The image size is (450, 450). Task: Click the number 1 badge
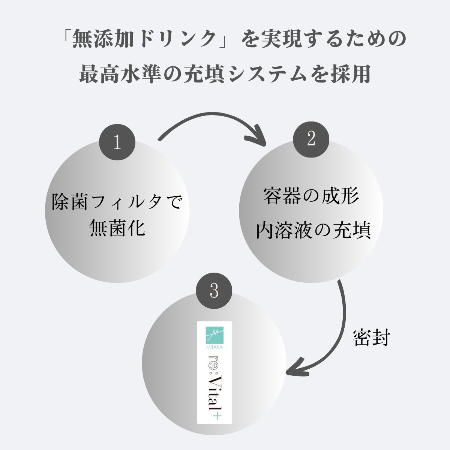point(117,142)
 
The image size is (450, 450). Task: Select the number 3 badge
point(214,291)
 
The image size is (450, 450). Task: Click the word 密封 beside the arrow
point(372,338)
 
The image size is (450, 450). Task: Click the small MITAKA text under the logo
point(214,347)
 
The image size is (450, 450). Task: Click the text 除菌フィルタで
point(117,202)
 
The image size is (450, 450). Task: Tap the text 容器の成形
point(311,196)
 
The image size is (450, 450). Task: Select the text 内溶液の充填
point(313,231)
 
